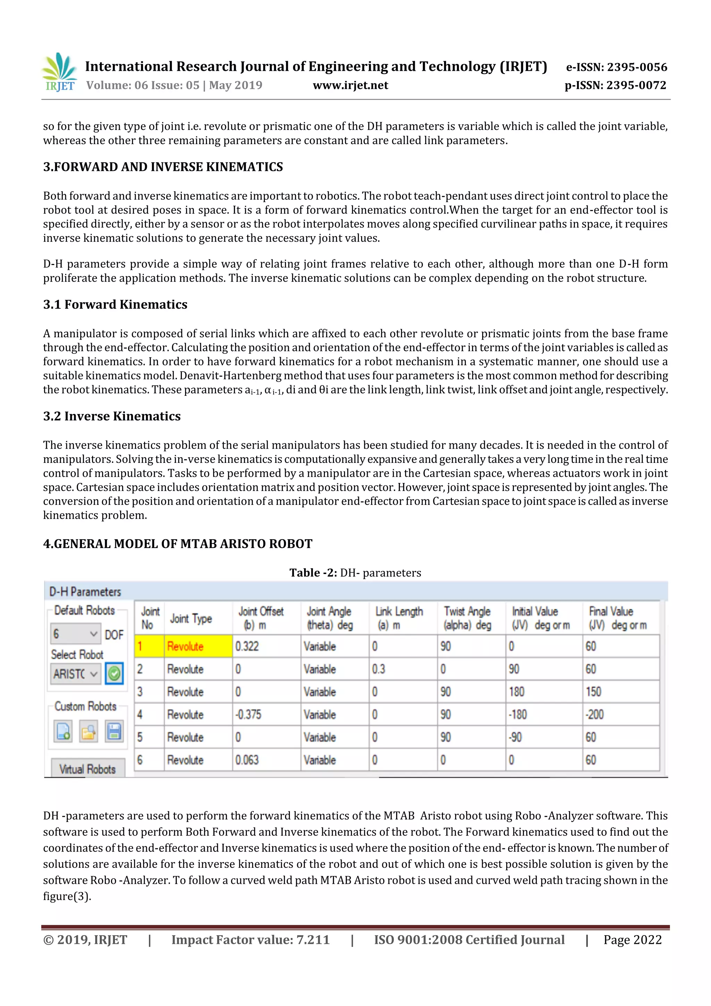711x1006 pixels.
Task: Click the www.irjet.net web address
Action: (350, 85)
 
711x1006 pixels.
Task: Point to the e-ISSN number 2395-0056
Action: (616, 67)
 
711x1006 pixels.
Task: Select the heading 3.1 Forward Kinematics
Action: (115, 305)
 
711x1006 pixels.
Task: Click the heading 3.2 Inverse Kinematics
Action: (112, 416)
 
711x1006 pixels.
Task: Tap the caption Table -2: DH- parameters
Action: (355, 573)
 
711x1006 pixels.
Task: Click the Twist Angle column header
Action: (467, 618)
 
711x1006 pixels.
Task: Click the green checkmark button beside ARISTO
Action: (114, 673)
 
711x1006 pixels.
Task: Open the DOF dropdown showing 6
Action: (75, 634)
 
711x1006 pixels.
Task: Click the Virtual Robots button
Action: (87, 769)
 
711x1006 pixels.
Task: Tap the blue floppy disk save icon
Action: (114, 731)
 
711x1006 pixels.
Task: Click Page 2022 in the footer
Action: (632, 939)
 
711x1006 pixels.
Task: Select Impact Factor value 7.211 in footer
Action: (250, 939)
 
